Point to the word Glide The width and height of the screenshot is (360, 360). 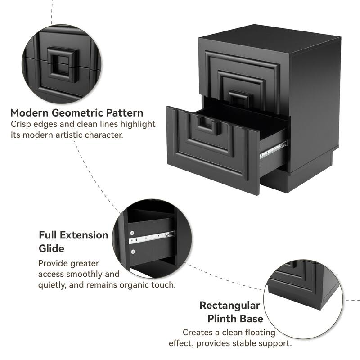51,248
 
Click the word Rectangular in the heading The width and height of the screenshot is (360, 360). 230,306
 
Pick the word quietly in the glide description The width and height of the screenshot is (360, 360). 52,285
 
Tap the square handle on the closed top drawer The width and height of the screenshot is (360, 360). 239,99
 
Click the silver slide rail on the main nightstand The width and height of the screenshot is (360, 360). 273,150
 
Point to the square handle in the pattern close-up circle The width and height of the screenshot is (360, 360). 63,64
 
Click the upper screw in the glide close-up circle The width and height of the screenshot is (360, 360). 132,233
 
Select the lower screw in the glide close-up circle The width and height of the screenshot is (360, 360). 133,252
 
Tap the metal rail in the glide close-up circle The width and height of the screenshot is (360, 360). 151,238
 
